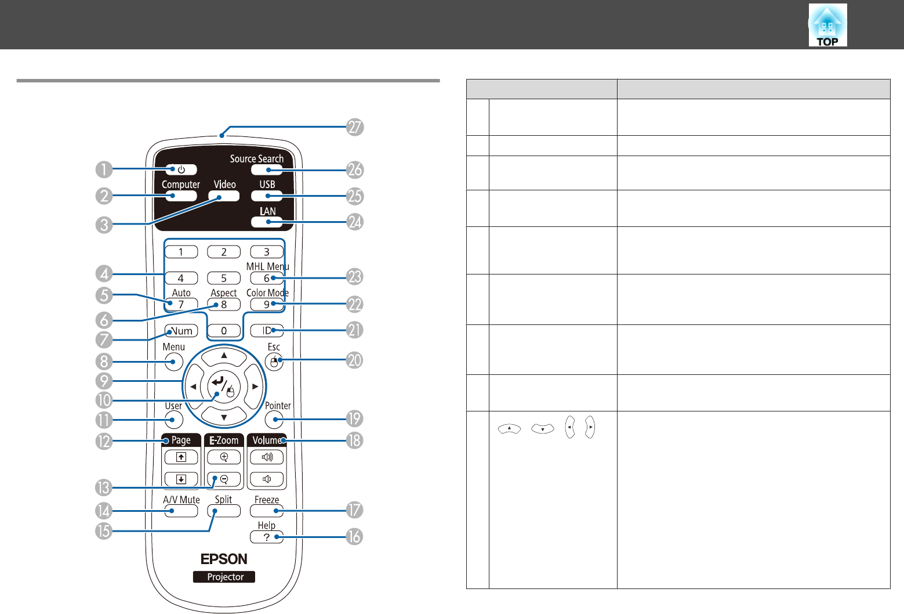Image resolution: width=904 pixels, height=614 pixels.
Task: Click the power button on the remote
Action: pyautogui.click(x=181, y=169)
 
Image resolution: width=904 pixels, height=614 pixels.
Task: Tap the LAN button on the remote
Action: pyautogui.click(x=267, y=222)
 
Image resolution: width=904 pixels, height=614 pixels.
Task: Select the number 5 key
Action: pyautogui.click(x=224, y=279)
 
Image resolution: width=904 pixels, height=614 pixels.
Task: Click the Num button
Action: pyautogui.click(x=181, y=331)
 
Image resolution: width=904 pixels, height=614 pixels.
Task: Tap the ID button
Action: pyautogui.click(x=267, y=331)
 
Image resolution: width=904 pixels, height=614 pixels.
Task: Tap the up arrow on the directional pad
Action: pyautogui.click(x=224, y=356)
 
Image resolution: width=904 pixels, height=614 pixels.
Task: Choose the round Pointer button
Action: pyautogui.click(x=274, y=419)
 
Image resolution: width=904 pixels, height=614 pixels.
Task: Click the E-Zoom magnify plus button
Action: pyautogui.click(x=224, y=457)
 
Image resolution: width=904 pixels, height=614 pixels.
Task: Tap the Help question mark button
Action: pyautogui.click(x=267, y=537)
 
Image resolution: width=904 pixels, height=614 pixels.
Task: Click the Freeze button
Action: pyautogui.click(x=267, y=511)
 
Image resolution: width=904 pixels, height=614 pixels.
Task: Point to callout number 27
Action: pyautogui.click(x=355, y=127)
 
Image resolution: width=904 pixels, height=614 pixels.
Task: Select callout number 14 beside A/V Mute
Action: pyautogui.click(x=104, y=511)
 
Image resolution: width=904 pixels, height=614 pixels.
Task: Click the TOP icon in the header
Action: pyautogui.click(x=827, y=26)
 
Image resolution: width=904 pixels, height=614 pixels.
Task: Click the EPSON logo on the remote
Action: pyautogui.click(x=224, y=559)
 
